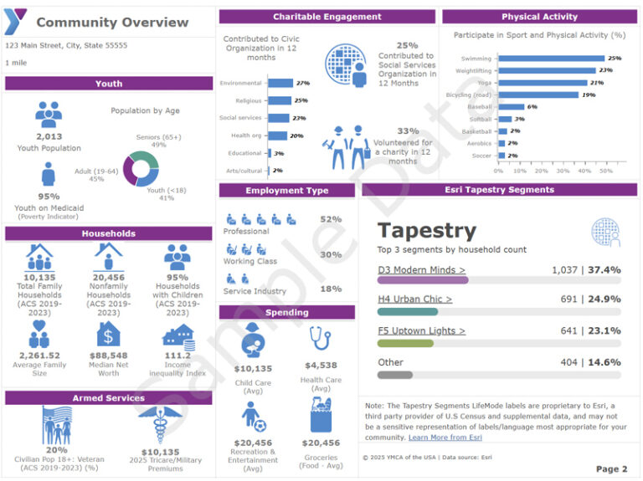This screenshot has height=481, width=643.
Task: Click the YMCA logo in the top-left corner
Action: pos(17,21)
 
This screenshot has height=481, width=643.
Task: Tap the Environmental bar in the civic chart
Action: pos(280,84)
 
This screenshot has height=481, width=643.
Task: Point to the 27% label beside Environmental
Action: pos(303,84)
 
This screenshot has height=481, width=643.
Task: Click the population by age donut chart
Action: pos(141,168)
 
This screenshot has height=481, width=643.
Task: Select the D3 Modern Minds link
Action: pos(421,270)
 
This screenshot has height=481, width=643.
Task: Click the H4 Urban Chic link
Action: pos(414,299)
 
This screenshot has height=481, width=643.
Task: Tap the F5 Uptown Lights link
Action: pos(421,330)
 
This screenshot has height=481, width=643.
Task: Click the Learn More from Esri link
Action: pos(445,438)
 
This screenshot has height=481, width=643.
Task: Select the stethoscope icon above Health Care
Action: pos(320,340)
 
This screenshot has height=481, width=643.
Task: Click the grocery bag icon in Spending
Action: pos(320,416)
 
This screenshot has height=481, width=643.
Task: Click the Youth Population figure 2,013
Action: pos(49,136)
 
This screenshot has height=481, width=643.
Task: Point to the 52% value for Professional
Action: pos(331,219)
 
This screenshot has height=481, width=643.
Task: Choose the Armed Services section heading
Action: pos(109,398)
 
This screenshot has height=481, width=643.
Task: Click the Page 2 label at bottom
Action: pos(611,469)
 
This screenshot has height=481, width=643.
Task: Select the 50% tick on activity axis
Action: pos(604,171)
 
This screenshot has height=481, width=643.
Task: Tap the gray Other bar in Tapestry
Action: pos(395,375)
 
